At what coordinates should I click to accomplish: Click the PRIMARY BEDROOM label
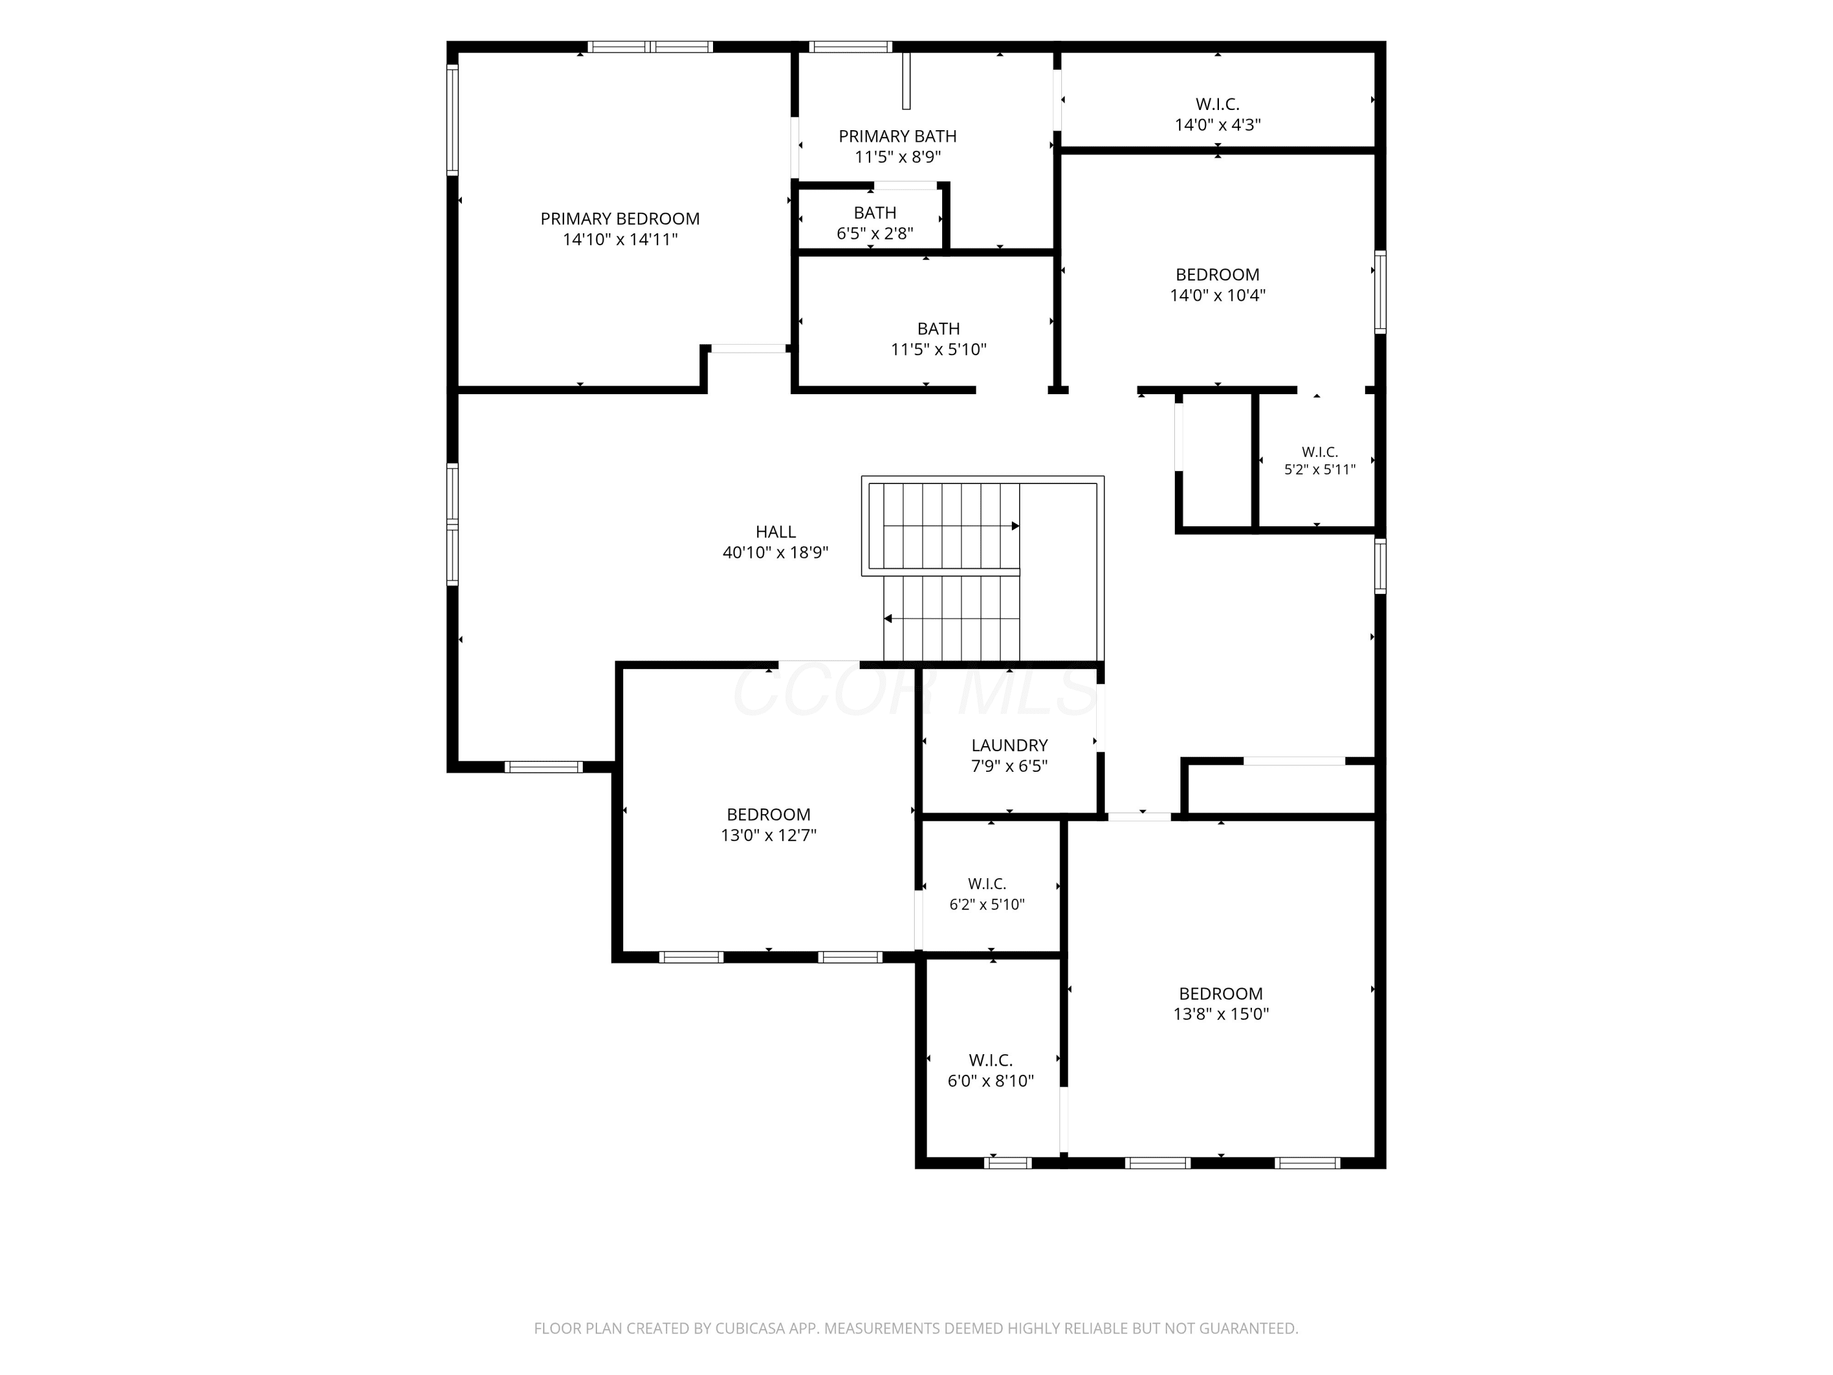click(620, 219)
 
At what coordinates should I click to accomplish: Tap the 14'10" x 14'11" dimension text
click(620, 240)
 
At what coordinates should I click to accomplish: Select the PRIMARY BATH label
click(898, 136)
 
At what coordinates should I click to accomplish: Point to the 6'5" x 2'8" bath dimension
click(875, 233)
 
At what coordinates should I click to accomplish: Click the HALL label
click(775, 532)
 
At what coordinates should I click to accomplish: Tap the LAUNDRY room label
click(1009, 745)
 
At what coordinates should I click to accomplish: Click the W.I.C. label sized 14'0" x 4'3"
click(1217, 105)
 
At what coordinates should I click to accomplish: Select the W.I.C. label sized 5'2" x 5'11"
click(1320, 452)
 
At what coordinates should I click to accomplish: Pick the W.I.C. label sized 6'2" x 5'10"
click(987, 884)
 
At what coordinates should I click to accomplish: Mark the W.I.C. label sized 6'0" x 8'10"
click(991, 1060)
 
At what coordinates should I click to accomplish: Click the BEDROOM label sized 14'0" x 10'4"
click(1217, 274)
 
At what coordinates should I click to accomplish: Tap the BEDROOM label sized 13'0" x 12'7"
click(768, 815)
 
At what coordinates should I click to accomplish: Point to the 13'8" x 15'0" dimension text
click(1221, 1014)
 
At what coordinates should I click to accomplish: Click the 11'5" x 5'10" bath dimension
click(938, 350)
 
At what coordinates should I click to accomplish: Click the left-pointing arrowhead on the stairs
click(888, 618)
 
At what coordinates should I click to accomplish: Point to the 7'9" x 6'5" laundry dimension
click(1009, 766)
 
